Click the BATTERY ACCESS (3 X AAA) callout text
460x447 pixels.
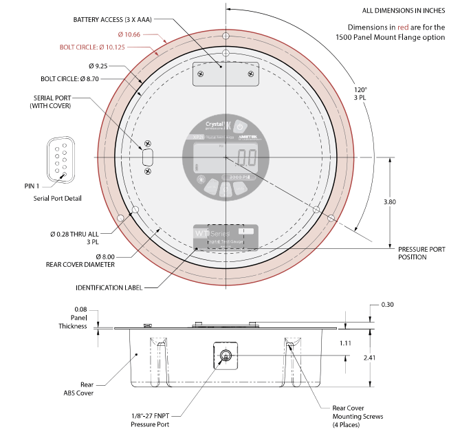tap(113, 20)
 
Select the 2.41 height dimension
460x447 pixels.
tap(371, 358)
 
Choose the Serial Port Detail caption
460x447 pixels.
tap(57, 198)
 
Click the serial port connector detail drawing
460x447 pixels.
tap(58, 159)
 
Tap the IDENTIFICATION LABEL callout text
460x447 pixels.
tap(109, 287)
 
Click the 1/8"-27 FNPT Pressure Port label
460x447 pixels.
tap(150, 419)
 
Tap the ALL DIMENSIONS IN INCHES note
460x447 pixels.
tap(404, 10)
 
